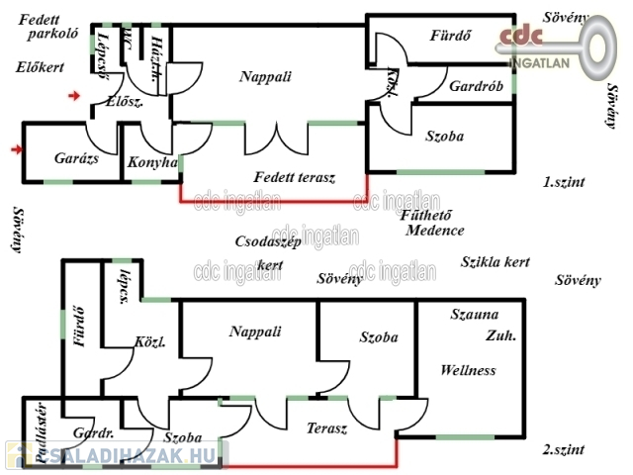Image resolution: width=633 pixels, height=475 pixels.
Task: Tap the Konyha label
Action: (152, 162)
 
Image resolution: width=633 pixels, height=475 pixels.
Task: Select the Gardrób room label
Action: (476, 86)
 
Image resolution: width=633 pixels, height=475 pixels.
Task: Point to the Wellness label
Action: (468, 371)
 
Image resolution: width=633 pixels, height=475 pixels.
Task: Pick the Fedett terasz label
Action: (295, 178)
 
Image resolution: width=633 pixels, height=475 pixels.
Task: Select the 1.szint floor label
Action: (563, 182)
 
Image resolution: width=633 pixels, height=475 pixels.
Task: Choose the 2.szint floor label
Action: (563, 450)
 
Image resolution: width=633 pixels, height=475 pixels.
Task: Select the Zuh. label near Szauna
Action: (500, 336)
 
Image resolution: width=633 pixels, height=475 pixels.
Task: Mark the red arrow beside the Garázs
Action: (15, 149)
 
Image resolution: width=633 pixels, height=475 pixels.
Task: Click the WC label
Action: (128, 42)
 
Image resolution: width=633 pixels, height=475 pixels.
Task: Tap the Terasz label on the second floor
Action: (326, 428)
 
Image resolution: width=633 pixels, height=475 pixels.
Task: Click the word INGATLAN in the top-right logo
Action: (539, 60)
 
